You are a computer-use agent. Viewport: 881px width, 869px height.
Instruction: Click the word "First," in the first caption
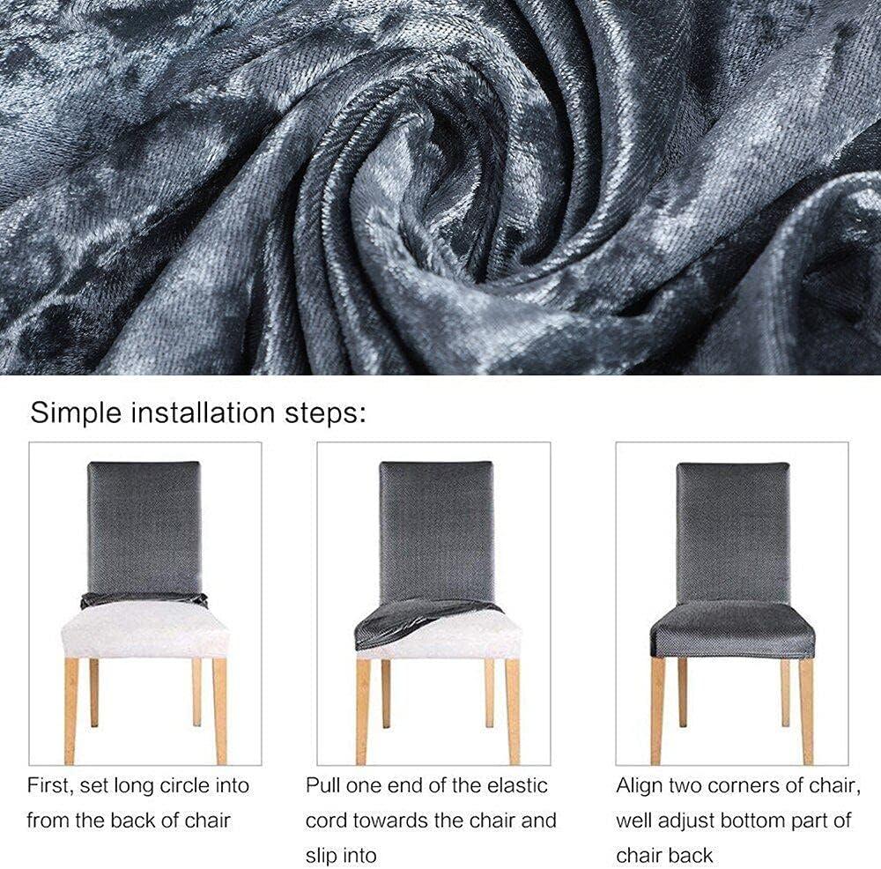[x=50, y=785]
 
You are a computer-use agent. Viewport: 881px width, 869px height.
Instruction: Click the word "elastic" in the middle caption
[x=517, y=785]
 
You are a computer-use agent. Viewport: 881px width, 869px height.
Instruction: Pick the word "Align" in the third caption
[x=639, y=786]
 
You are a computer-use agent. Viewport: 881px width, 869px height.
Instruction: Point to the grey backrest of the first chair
[x=144, y=529]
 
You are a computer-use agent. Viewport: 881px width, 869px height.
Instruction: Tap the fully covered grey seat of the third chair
[x=733, y=629]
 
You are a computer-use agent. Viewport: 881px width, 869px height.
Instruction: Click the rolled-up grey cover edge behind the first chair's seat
[x=144, y=601]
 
